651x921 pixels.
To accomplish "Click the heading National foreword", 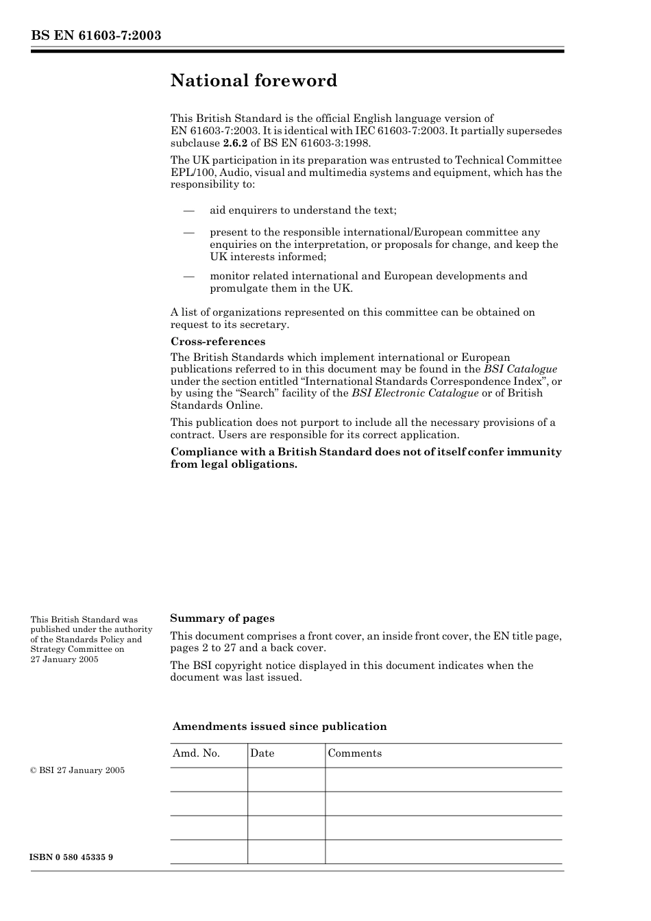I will coord(254,81).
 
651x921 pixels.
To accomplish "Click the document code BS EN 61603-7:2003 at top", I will coord(96,35).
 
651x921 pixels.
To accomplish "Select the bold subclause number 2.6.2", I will coord(234,143).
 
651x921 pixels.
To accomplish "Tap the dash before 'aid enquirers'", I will coord(189,210).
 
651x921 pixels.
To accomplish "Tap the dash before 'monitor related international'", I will coord(189,276).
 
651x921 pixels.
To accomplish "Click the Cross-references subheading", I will coord(217,341).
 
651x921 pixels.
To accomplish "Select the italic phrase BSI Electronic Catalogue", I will coord(415,393).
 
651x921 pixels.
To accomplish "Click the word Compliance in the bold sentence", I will coord(203,452).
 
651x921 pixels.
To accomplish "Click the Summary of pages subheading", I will coord(222,618).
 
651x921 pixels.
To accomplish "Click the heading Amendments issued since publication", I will coord(279,727).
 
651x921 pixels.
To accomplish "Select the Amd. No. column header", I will coord(196,753).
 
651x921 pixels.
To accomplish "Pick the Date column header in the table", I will coord(262,753).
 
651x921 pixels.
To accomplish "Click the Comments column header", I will coord(354,753).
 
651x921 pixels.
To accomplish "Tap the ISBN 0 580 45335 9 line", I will coord(72,857).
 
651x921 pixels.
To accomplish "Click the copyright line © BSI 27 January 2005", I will coord(77,770).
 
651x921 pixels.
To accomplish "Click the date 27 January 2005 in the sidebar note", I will coord(64,659).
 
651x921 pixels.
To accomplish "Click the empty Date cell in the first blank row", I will coord(286,779).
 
